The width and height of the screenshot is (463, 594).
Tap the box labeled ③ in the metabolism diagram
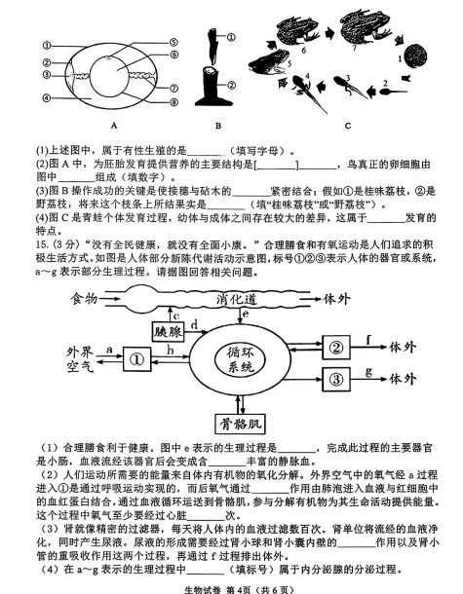(336, 378)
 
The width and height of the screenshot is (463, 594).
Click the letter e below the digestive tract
(245, 316)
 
